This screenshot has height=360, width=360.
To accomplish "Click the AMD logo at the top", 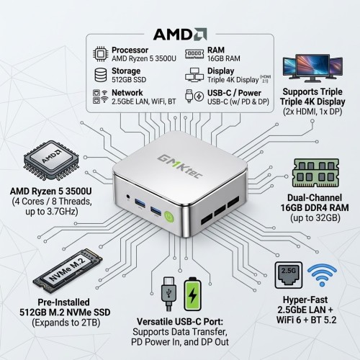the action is [x=180, y=35].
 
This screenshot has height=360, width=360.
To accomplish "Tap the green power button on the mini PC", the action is [x=169, y=217].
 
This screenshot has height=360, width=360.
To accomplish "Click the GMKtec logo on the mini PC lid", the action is [x=180, y=166].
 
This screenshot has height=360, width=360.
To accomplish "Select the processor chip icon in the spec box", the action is [x=101, y=54].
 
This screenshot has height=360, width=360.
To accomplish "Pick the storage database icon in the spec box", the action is [x=101, y=75].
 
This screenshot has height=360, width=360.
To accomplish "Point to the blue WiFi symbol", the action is [x=322, y=275].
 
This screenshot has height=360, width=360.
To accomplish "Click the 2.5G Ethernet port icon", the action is [x=289, y=275].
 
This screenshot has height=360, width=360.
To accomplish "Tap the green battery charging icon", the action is [x=192, y=294].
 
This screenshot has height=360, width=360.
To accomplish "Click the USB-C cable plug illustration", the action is [x=169, y=294].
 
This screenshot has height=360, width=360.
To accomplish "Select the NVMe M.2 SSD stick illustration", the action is [x=68, y=271].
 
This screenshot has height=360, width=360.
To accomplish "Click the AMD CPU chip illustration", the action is [x=51, y=161].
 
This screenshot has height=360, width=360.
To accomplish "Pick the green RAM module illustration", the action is [x=316, y=173].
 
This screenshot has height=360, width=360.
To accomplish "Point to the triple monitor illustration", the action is [x=312, y=68].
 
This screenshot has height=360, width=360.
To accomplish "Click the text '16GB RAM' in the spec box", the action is [x=224, y=58].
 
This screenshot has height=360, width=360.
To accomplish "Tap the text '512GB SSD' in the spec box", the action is [x=129, y=79].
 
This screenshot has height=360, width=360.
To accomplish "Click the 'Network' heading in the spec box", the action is [x=127, y=93].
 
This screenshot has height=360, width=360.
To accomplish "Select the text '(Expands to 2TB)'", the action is [x=66, y=323].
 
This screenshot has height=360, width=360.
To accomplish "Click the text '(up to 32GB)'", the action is [x=315, y=218].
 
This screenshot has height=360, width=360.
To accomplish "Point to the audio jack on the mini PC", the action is [x=128, y=197].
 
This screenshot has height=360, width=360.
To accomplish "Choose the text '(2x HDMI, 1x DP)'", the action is [x=312, y=112].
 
